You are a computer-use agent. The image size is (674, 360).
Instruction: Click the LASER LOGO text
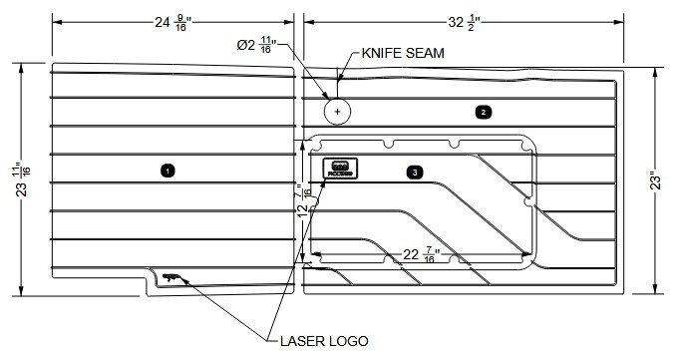(x=324, y=341)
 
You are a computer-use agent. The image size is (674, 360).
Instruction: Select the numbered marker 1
(x=168, y=171)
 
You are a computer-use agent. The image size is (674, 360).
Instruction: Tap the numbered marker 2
(x=483, y=112)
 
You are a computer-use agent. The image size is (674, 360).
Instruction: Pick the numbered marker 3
(x=414, y=172)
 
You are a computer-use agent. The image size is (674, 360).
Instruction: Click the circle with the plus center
(x=338, y=111)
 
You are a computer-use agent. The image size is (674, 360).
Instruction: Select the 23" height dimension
(x=653, y=180)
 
